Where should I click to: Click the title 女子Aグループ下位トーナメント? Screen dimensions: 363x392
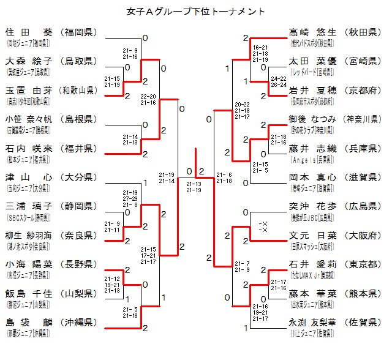pyautogui.click(x=196, y=11)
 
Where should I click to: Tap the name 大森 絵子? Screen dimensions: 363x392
pyautogui.click(x=29, y=61)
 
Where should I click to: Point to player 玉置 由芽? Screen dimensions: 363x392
pyautogui.click(x=29, y=91)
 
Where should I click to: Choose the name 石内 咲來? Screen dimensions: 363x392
pyautogui.click(x=29, y=149)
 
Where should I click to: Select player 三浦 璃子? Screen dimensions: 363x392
pyautogui.click(x=29, y=206)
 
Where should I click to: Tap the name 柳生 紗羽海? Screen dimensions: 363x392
pyautogui.click(x=29, y=236)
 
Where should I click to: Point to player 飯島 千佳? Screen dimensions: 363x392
pyautogui.click(x=29, y=293)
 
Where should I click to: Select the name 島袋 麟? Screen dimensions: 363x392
pyautogui.click(x=29, y=323)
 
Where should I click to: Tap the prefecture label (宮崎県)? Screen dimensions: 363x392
pyautogui.click(x=362, y=61)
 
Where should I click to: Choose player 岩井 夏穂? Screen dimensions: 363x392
pyautogui.click(x=312, y=91)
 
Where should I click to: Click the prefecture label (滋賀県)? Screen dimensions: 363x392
pyautogui.click(x=362, y=178)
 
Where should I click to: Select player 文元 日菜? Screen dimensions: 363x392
pyautogui.click(x=312, y=236)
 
